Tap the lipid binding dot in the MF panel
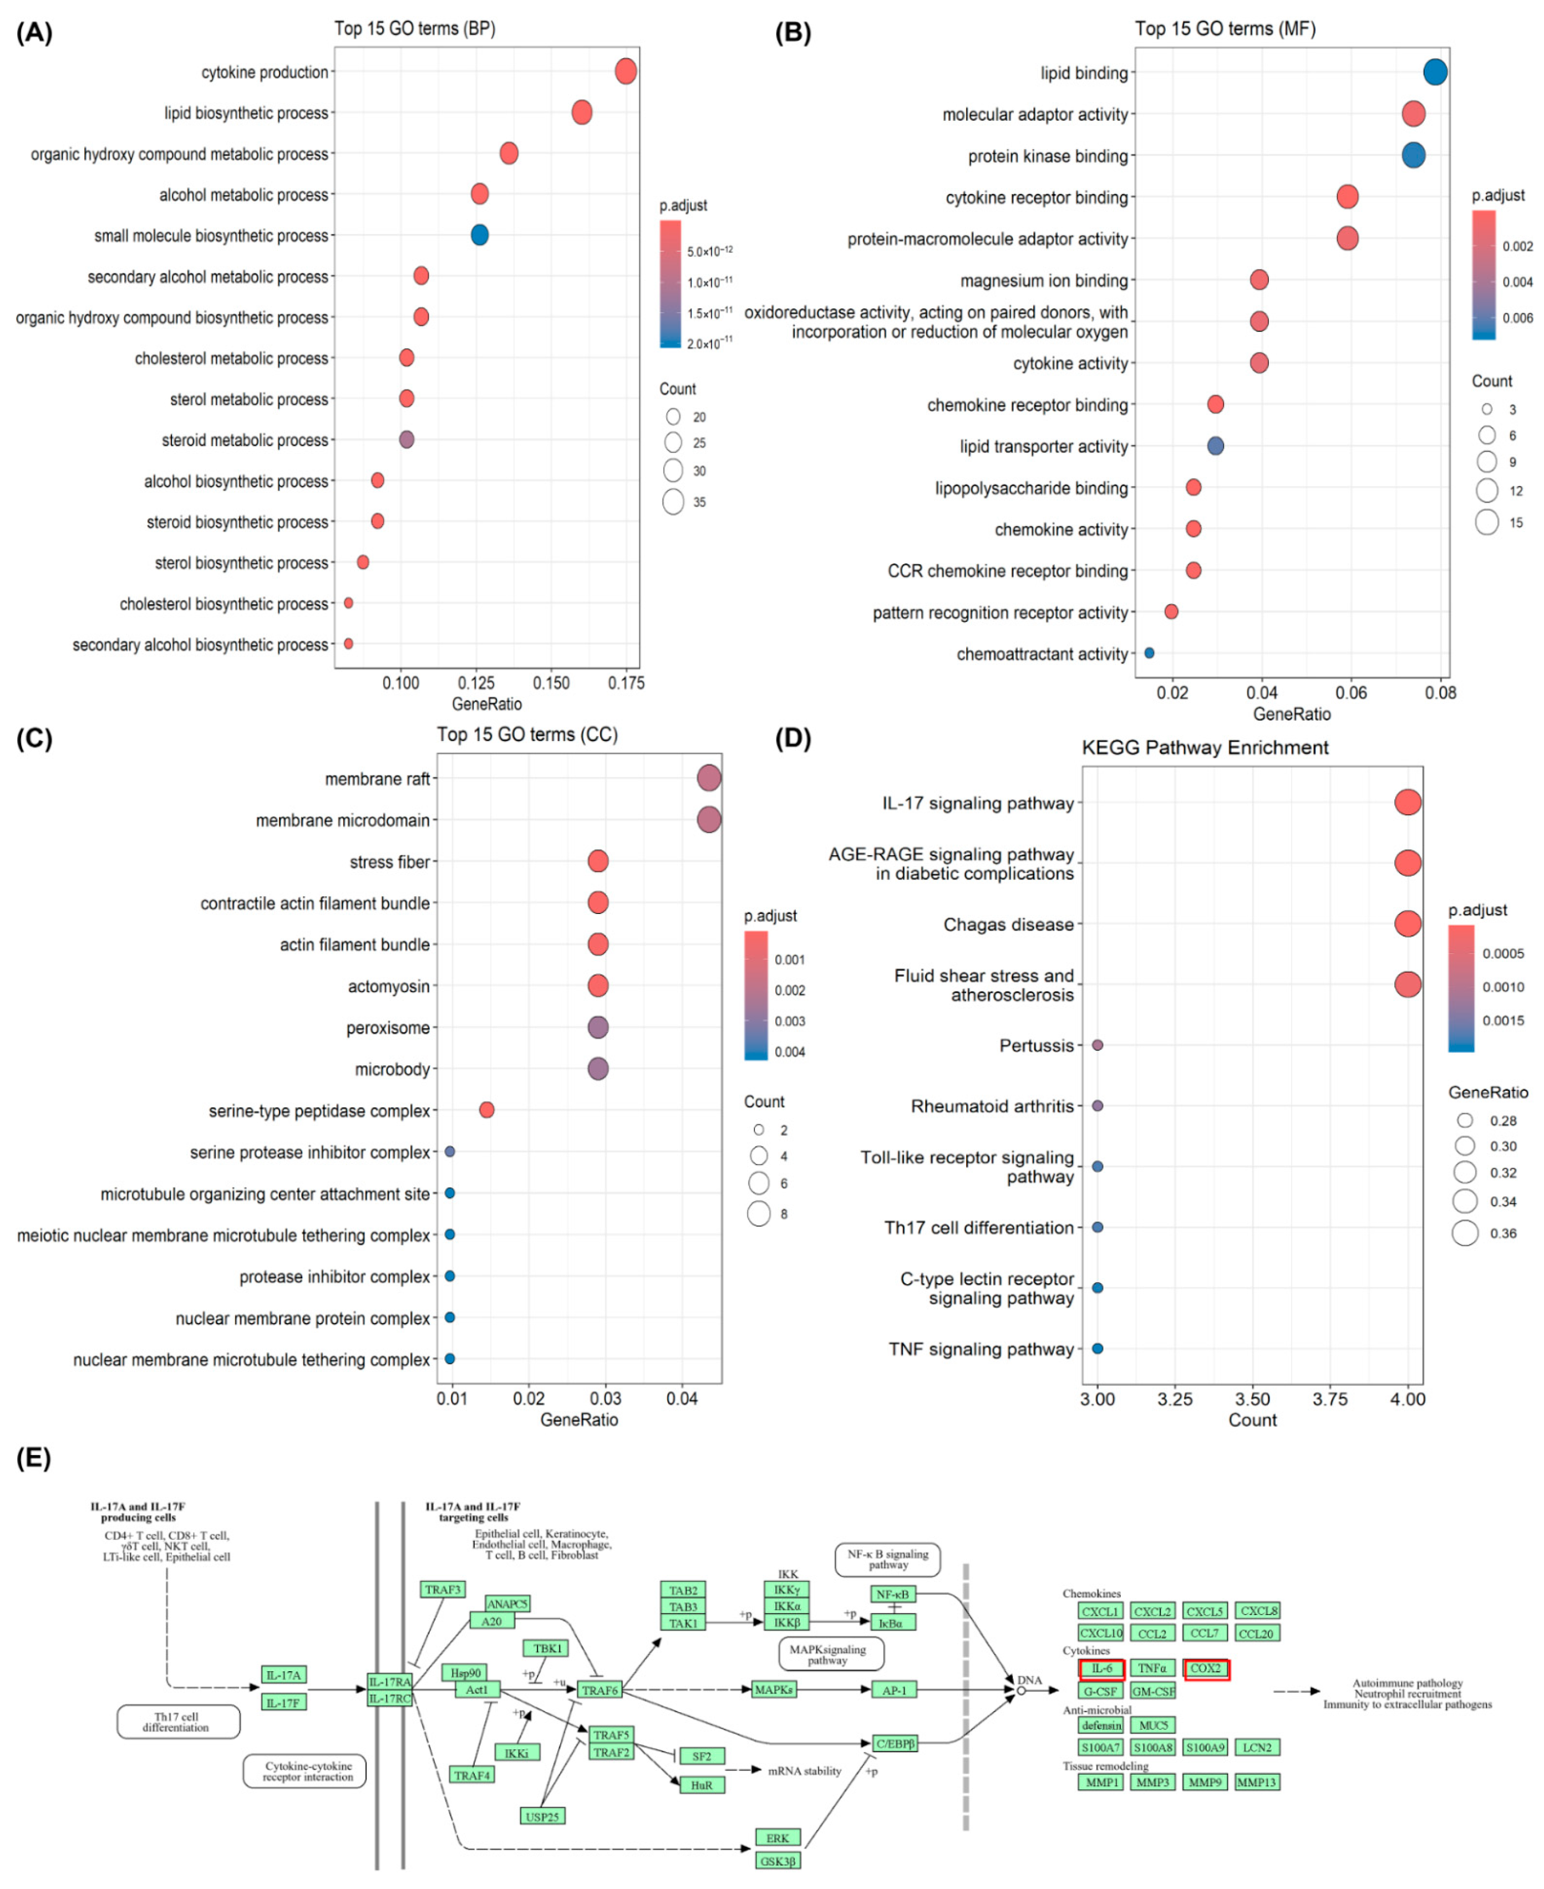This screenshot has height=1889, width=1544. [1435, 72]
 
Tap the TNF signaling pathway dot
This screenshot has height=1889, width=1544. [1098, 1349]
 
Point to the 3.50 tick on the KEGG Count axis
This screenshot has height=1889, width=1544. [1252, 1399]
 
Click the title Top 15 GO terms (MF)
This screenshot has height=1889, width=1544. [1225, 28]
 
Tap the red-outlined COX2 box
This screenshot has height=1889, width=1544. [1206, 1668]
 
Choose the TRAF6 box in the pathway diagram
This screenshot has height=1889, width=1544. [600, 1690]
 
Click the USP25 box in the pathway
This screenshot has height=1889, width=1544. [542, 1816]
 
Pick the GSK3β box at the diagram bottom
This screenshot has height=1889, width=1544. [778, 1861]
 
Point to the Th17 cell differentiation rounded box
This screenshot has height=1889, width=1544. [178, 1722]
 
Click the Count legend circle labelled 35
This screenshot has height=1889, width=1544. [673, 502]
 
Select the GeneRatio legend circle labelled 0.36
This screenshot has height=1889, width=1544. [1465, 1233]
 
